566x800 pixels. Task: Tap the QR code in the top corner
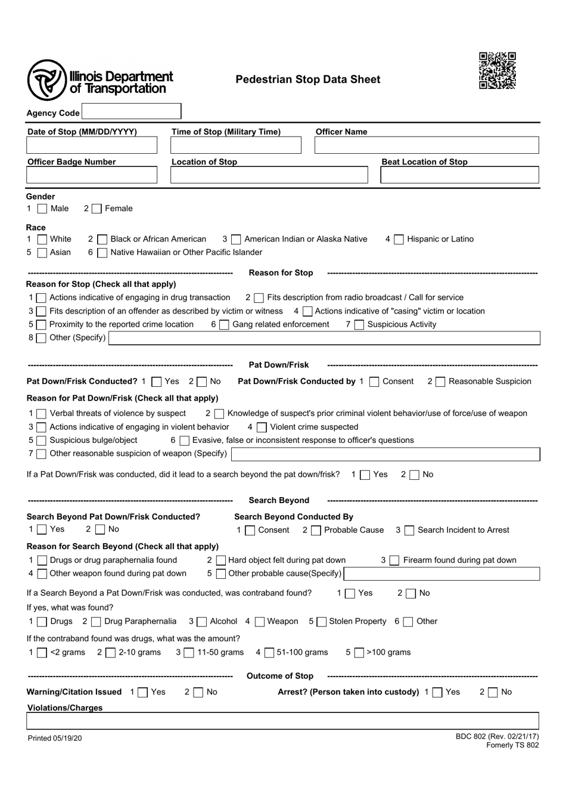[x=497, y=71]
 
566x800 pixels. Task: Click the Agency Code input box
[x=131, y=111]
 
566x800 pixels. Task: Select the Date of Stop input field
[x=92, y=145]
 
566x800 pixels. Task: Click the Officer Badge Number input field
[x=92, y=175]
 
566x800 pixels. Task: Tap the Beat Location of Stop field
[x=459, y=175]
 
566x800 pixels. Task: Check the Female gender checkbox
[x=97, y=209]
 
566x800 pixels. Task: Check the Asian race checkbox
[x=42, y=253]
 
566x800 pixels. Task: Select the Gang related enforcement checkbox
[x=224, y=325]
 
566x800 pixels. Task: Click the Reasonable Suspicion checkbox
[x=440, y=382]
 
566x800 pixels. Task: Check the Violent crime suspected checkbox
[x=262, y=427]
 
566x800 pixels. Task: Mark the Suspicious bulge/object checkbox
[x=41, y=441]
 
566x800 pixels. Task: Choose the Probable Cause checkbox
[x=316, y=531]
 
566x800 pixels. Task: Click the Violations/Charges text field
[x=282, y=721]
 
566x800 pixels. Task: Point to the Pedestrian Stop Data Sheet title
[x=307, y=80]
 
